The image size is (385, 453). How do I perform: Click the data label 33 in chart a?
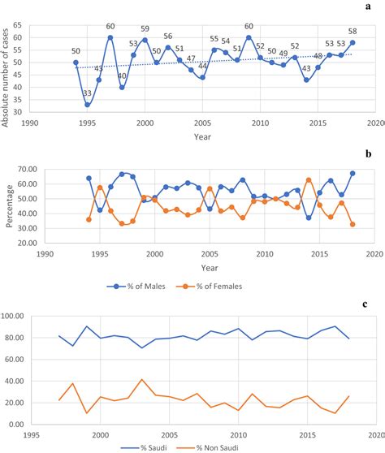pyautogui.click(x=87, y=94)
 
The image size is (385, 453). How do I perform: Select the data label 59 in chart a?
pyautogui.click(x=145, y=28)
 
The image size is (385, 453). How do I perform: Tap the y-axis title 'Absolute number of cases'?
pyautogui.click(x=7, y=65)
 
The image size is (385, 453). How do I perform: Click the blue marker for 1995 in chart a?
pyautogui.click(x=87, y=105)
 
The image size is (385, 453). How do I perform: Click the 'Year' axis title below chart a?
pyautogui.click(x=202, y=136)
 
